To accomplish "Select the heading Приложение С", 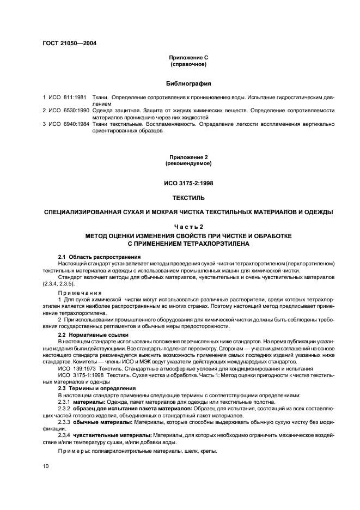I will coord(188,57).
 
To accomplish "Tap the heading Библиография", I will coord(188,84).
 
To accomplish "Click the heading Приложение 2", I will coord(188,157).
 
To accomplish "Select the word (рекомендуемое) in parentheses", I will coord(188,163).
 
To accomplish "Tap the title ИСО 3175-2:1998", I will coord(188,183).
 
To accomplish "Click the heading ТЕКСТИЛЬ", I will coord(188,198).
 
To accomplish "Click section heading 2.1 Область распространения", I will coord(100,257).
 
